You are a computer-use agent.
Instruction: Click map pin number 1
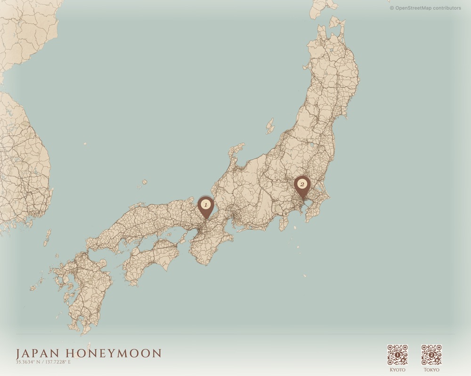(x=205, y=206)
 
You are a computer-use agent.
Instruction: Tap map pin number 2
(x=301, y=184)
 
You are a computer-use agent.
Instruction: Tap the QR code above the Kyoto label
(x=397, y=355)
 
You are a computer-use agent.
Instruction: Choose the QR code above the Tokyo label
(x=431, y=355)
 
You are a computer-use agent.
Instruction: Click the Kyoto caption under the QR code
(x=397, y=370)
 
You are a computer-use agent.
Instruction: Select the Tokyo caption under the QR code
(x=431, y=370)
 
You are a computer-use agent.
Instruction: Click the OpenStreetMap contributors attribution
(x=425, y=8)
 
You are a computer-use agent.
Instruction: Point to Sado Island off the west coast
(x=270, y=126)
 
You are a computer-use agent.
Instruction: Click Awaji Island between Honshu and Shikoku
(x=181, y=238)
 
